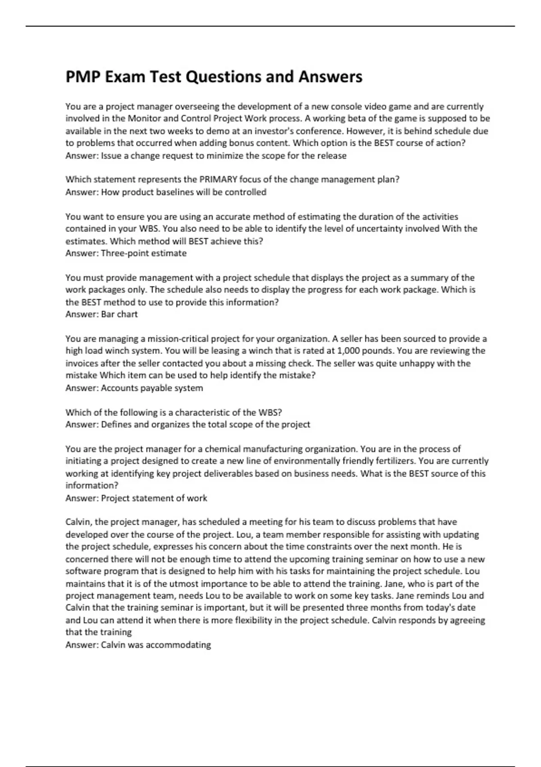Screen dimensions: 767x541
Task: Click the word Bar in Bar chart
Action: (108, 314)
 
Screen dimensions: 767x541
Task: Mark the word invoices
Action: (82, 364)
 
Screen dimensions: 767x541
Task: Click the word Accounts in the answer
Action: (118, 388)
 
